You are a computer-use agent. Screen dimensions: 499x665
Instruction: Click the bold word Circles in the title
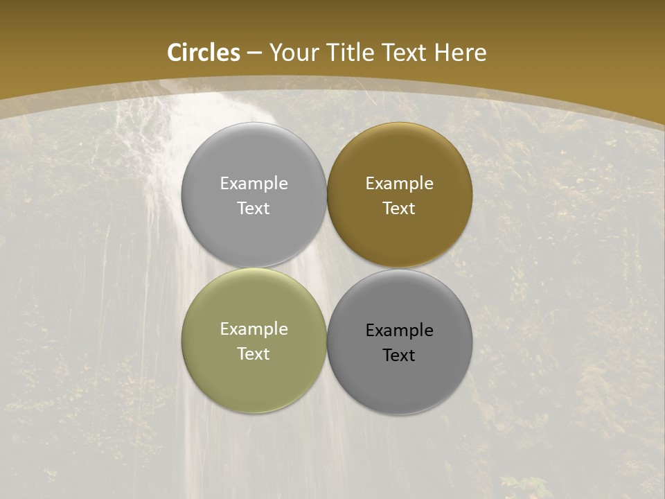204,53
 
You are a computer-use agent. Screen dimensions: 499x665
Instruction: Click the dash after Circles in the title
254,53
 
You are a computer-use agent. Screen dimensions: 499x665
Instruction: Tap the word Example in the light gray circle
254,184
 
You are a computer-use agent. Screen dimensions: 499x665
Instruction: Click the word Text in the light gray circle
254,208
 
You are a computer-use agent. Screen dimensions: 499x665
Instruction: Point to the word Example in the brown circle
399,184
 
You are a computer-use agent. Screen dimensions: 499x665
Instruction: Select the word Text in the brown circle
399,208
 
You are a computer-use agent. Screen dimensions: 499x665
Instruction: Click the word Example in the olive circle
254,329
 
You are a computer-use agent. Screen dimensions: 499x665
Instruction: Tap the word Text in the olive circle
254,353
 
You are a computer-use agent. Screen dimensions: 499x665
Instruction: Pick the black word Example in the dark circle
399,331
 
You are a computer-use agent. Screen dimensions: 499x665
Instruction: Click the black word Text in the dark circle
399,355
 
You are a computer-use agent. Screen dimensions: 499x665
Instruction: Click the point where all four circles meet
326,268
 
